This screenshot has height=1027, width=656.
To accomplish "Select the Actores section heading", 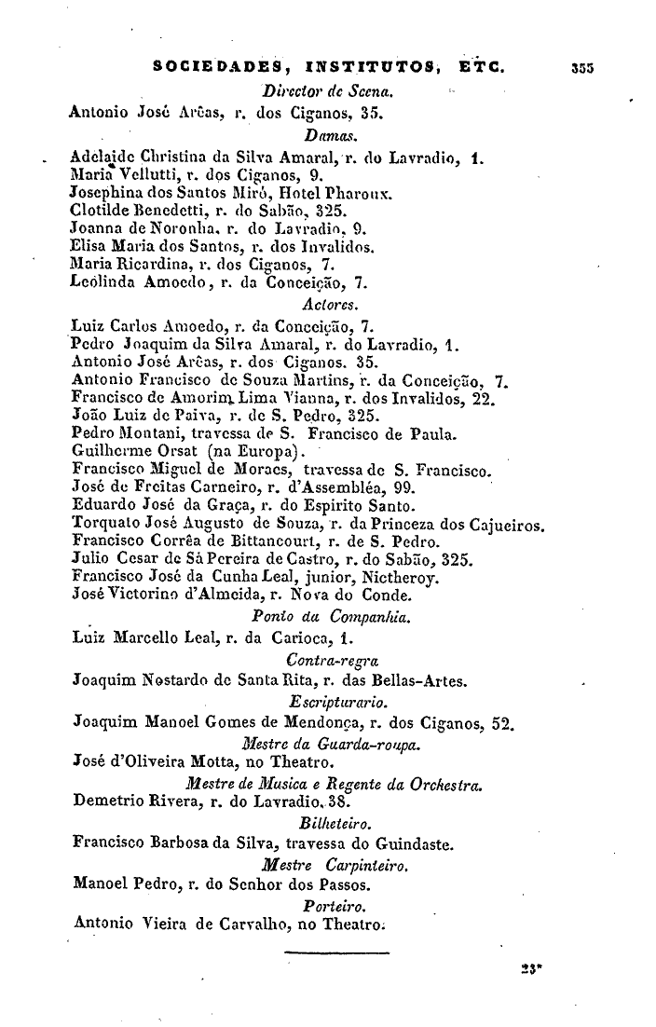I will tap(322, 303).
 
